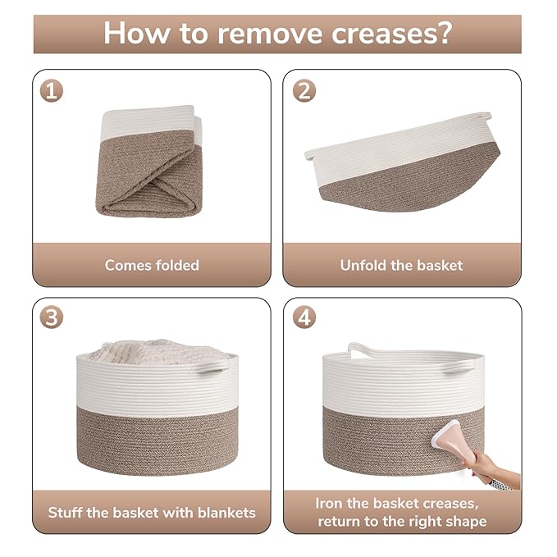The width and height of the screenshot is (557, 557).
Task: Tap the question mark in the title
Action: click(x=444, y=33)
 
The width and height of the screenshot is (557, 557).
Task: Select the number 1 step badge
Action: click(x=52, y=91)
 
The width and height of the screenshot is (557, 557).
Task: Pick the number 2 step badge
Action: click(x=304, y=91)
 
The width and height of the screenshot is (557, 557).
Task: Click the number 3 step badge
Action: click(x=52, y=317)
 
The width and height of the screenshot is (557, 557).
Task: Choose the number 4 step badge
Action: click(x=304, y=317)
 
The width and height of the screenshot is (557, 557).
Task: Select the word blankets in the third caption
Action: click(x=226, y=513)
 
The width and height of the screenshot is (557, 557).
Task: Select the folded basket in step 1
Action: click(x=148, y=162)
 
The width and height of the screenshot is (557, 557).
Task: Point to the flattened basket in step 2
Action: click(x=403, y=162)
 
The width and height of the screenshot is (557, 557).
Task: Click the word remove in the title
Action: click(x=270, y=34)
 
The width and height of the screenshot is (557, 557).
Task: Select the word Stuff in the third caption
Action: click(x=66, y=513)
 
